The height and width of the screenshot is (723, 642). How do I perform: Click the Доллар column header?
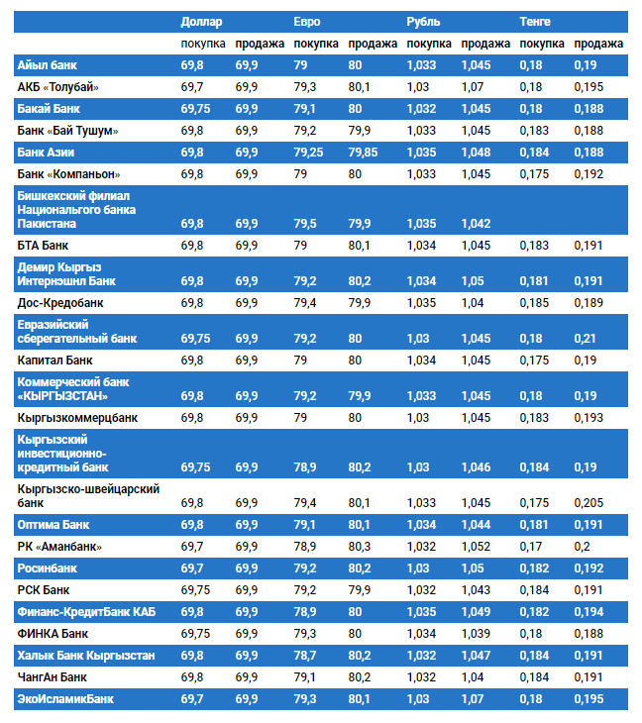[201, 22]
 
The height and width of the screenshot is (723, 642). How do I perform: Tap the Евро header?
[307, 22]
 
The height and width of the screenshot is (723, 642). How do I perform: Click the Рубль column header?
[423, 22]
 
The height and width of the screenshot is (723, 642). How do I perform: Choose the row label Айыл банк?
[47, 65]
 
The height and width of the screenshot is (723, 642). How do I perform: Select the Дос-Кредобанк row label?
[60, 302]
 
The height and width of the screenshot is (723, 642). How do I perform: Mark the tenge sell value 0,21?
[585, 339]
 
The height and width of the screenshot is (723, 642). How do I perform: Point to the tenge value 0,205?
[588, 503]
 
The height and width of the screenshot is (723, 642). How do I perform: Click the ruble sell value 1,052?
[477, 547]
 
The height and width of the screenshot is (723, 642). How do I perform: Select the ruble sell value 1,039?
[477, 634]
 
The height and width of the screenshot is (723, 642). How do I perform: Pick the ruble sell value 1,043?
[477, 590]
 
